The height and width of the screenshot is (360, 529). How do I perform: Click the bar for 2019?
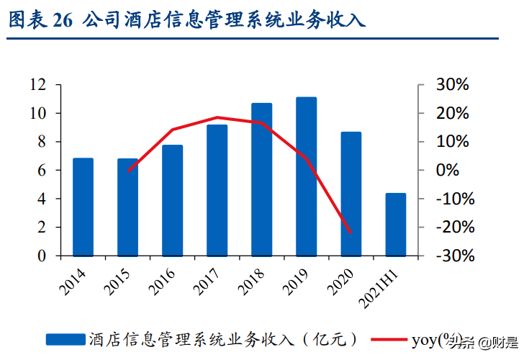click(x=306, y=176)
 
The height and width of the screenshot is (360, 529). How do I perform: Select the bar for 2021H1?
click(x=395, y=224)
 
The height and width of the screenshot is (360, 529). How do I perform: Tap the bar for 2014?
click(x=83, y=207)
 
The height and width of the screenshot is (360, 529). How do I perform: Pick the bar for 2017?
click(x=217, y=190)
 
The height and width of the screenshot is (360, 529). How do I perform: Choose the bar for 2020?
click(x=351, y=194)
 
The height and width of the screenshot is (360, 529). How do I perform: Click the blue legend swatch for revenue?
click(x=66, y=339)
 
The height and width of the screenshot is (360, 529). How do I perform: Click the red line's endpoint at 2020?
click(x=351, y=233)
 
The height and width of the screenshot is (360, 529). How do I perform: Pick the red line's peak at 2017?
click(x=217, y=117)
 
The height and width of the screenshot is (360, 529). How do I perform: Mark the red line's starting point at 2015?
click(x=128, y=171)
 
